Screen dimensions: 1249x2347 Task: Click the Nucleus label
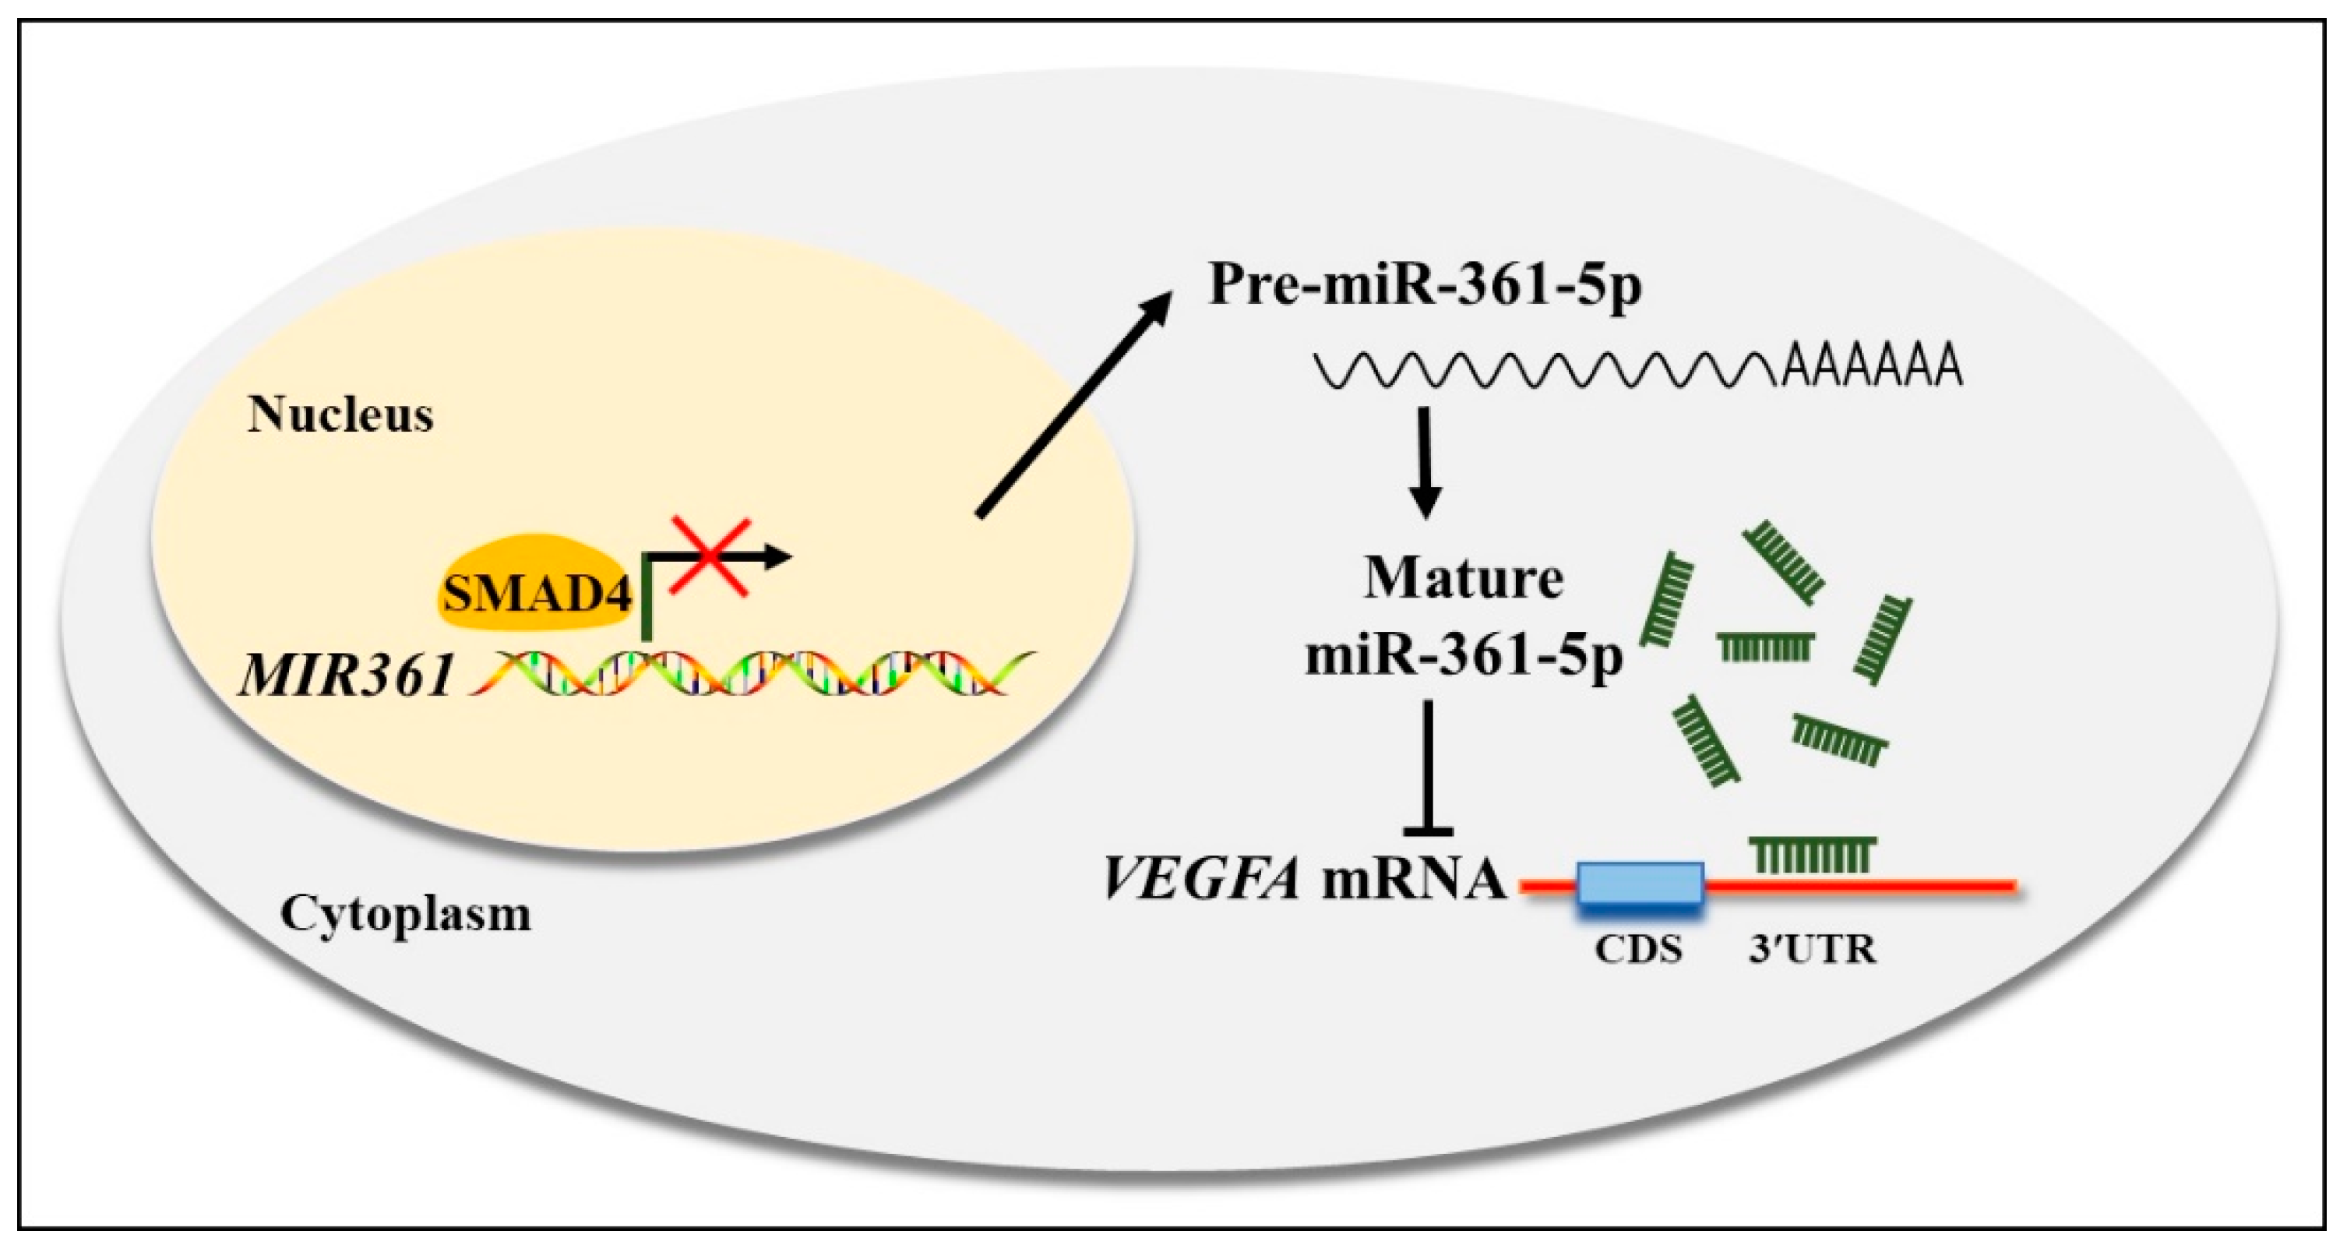340,415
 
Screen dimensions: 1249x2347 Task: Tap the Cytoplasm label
405,914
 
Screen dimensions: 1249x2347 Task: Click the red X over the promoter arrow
710,558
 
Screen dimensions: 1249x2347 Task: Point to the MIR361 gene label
346,676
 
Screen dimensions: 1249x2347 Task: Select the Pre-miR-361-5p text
1425,285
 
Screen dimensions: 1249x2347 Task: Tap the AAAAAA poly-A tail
1871,367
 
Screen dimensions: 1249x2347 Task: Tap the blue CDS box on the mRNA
1640,884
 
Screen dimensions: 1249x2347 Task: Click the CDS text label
1638,950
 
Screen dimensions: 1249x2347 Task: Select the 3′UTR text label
1812,950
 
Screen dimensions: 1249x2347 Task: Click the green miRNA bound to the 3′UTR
1812,855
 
